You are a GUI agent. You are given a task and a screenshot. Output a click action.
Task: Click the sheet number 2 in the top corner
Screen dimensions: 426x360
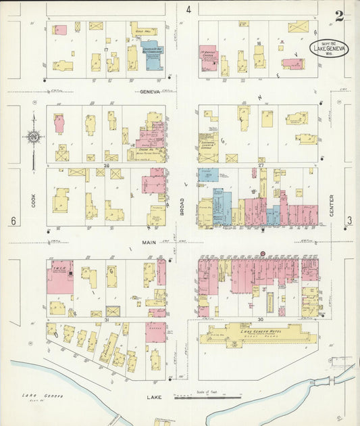[339, 16]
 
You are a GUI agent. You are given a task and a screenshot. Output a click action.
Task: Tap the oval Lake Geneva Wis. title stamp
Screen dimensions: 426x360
[330, 49]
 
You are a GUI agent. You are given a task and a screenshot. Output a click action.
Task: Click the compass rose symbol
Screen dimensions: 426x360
[33, 137]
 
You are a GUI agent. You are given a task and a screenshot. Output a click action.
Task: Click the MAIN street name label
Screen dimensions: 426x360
[150, 242]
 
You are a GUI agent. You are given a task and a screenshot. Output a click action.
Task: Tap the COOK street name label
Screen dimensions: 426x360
[32, 201]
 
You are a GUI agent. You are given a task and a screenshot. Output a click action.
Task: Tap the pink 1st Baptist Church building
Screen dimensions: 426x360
[207, 58]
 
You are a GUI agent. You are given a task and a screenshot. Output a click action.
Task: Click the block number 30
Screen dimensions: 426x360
[259, 318]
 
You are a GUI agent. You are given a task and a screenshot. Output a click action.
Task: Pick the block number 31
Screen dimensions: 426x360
[107, 319]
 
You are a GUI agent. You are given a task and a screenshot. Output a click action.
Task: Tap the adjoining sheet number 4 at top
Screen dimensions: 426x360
[189, 9]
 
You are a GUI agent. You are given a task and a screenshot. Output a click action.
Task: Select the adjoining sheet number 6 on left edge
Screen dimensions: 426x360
[12, 222]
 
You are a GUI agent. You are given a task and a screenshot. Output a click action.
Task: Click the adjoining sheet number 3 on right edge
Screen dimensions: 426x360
[349, 220]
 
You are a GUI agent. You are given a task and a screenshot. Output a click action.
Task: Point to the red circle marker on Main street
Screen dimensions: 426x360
[263, 254]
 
